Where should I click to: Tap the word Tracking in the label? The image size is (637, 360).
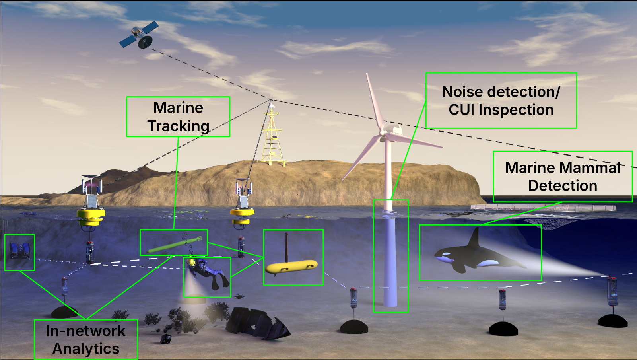click(179, 126)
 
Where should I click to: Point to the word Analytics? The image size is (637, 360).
click(86, 349)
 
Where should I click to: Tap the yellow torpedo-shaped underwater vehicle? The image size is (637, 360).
click(292, 267)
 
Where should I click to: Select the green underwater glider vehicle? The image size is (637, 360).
click(174, 245)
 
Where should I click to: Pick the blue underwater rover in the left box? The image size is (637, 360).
click(19, 251)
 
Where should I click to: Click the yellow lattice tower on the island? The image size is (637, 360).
click(272, 137)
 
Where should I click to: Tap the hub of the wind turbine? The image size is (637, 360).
click(383, 132)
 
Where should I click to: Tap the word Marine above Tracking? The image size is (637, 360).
click(178, 108)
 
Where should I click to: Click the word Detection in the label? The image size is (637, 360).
click(563, 186)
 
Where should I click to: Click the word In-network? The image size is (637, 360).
click(86, 331)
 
